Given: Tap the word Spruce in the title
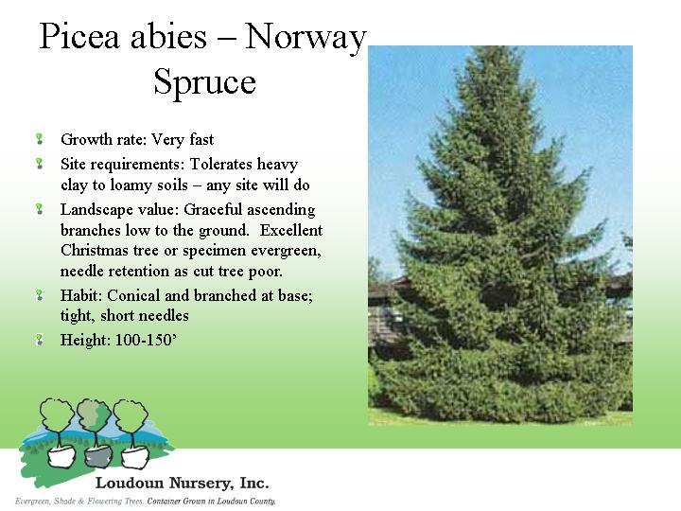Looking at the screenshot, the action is (x=204, y=82).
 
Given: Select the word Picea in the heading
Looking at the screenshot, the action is (x=79, y=36).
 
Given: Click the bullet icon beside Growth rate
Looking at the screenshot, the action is (x=39, y=139).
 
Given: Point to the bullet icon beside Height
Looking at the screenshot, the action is (x=39, y=340).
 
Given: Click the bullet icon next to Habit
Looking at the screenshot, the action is (x=39, y=295).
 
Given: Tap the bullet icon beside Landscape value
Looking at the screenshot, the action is (x=39, y=209).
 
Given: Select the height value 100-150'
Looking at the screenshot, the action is (x=146, y=340).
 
